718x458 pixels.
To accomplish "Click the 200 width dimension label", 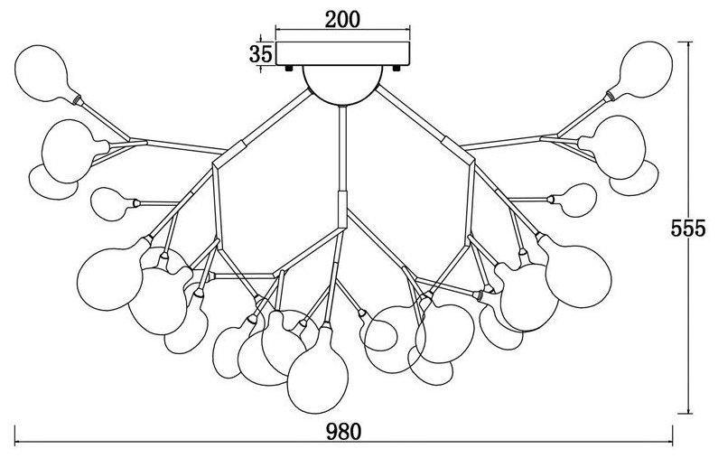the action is pyautogui.click(x=342, y=19).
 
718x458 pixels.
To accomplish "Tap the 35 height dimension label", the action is pyautogui.click(x=260, y=54).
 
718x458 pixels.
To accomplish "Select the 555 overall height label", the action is pyautogui.click(x=688, y=228).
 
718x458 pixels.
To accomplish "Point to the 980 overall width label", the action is pyautogui.click(x=344, y=432).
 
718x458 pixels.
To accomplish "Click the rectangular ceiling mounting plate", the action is pyautogui.click(x=342, y=53).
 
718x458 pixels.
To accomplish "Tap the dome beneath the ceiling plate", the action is pyautogui.click(x=342, y=86).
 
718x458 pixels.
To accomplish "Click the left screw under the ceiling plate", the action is pyautogui.click(x=289, y=69).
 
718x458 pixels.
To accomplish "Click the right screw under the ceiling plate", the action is pyautogui.click(x=396, y=69).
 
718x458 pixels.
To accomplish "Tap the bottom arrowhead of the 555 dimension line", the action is pyautogui.click(x=689, y=410).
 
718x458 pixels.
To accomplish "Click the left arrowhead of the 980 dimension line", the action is pyautogui.click(x=18, y=443).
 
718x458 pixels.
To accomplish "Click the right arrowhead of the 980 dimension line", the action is pyautogui.click(x=669, y=443).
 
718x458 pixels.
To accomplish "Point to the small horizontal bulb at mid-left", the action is pyautogui.click(x=113, y=204).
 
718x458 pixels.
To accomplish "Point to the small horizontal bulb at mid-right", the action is pyautogui.click(x=573, y=201).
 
